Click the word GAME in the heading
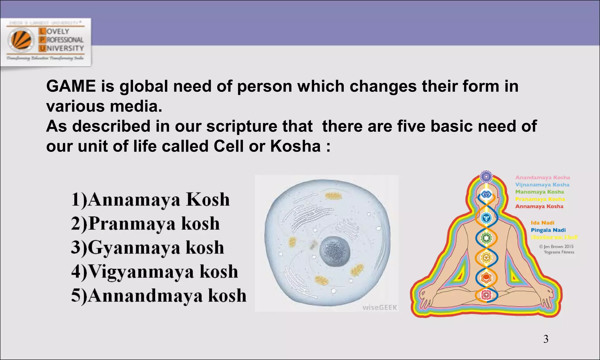[71, 86]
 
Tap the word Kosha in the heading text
[295, 146]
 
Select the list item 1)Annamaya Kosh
[150, 200]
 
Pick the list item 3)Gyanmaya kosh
[147, 248]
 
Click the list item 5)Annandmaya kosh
[158, 296]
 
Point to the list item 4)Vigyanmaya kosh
[154, 272]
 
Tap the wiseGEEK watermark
[379, 308]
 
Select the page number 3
[546, 339]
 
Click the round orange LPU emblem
[21, 40]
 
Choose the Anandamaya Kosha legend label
[543, 178]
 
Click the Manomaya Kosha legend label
[539, 192]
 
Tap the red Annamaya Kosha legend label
[539, 206]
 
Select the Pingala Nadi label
[548, 230]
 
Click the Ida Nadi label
[542, 223]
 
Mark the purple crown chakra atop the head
[486, 177]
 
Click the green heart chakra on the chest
[486, 238]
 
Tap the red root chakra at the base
[486, 294]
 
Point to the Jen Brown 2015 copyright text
[556, 247]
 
